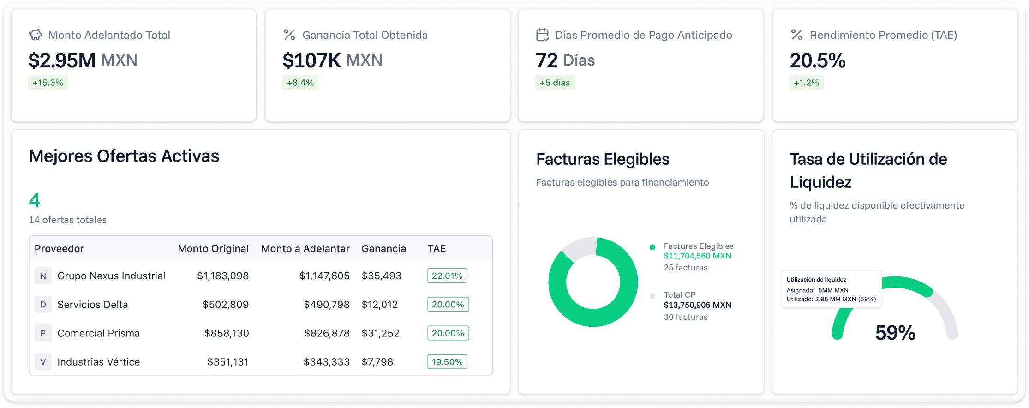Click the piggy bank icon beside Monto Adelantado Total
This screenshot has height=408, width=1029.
tap(35, 35)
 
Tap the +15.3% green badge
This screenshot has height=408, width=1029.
tap(48, 83)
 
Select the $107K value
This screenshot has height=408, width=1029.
tap(311, 60)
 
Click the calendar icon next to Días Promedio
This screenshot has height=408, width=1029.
tap(542, 35)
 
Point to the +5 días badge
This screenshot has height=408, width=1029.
tap(555, 83)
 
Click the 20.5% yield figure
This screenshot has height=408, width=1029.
tap(817, 60)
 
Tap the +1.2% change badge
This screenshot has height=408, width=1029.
tap(806, 83)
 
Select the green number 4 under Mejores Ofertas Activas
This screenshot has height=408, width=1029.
tap(35, 200)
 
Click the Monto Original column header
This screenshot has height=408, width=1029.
tap(213, 249)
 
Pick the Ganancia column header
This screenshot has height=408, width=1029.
tap(383, 249)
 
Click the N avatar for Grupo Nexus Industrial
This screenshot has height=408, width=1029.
tap(43, 276)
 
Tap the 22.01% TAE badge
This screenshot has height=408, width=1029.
tap(447, 276)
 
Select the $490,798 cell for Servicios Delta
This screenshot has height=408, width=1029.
tap(326, 305)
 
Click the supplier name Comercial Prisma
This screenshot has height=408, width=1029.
tap(98, 333)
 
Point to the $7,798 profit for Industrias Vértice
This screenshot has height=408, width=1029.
tap(377, 362)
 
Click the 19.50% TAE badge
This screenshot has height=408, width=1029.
tap(447, 362)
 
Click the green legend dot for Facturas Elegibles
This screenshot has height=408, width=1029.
tap(652, 247)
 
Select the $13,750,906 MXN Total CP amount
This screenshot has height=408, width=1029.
tap(697, 305)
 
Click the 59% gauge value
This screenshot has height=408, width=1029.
tap(895, 333)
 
